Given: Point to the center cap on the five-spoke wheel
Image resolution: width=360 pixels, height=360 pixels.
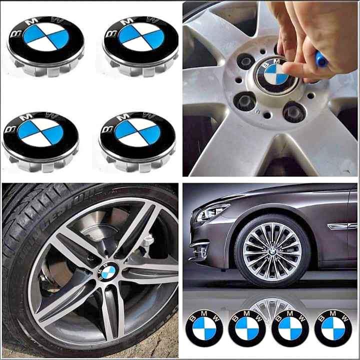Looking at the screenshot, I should point(107,271).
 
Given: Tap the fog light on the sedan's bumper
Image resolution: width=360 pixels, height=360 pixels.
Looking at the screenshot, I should point(200,247).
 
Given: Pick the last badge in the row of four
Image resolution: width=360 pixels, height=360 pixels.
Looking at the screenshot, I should point(333,328).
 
